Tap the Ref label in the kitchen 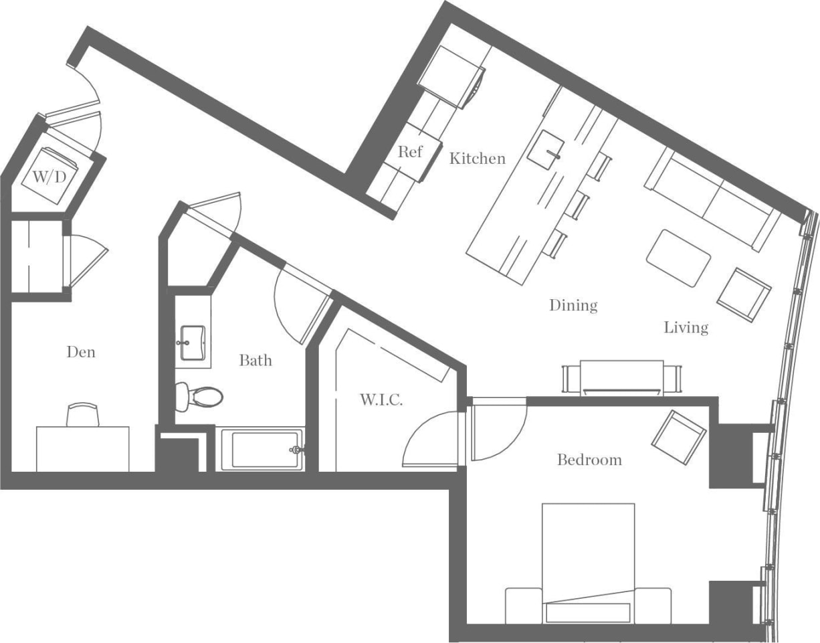click(x=410, y=152)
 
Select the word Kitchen click(x=477, y=159)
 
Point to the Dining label click(x=573, y=305)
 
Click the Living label click(x=686, y=327)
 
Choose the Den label click(x=81, y=351)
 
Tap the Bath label click(x=255, y=361)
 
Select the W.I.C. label click(x=381, y=400)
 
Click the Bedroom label click(x=589, y=460)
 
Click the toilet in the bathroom click(x=199, y=396)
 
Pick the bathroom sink click(x=193, y=343)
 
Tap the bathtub click(x=262, y=450)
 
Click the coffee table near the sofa click(x=678, y=258)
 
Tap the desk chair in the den click(x=84, y=415)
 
